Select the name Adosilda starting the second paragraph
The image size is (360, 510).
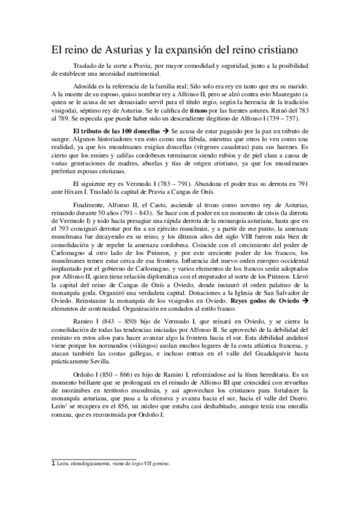pyautogui.click(x=85, y=85)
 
